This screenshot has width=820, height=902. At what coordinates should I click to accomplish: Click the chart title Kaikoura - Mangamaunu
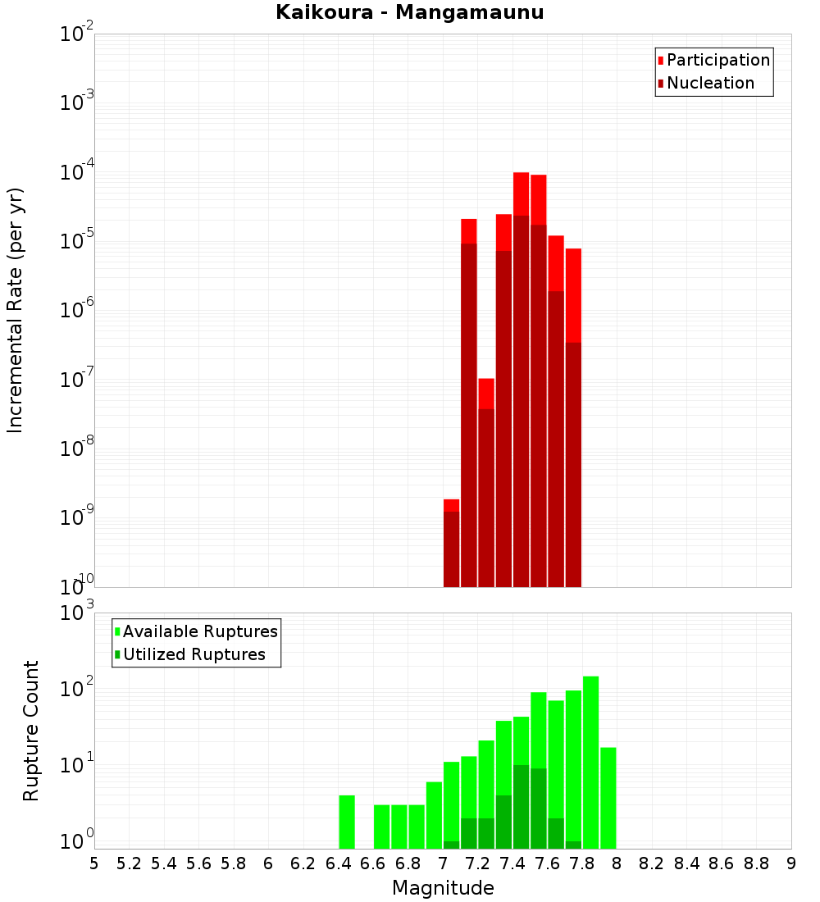[x=409, y=12]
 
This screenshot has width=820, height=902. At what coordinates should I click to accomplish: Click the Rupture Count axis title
[x=31, y=730]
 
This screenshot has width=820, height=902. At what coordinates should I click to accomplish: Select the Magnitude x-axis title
[x=443, y=888]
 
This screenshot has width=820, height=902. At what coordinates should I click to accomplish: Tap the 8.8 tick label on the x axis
[x=756, y=863]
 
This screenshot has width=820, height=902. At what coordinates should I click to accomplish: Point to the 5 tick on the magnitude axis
[x=94, y=863]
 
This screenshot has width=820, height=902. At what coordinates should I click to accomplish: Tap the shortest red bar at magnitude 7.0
[x=451, y=505]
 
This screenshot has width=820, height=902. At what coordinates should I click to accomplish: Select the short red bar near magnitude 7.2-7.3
[x=486, y=393]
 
